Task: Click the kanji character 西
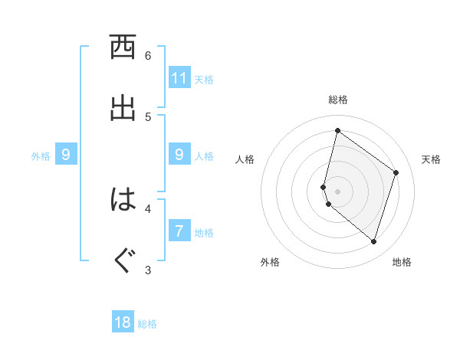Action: coord(123,47)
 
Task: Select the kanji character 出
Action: coord(123,108)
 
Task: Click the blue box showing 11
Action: coord(179,77)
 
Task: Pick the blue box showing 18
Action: coord(123,322)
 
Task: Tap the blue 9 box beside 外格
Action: coord(66,155)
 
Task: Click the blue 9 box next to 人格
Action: coord(179,155)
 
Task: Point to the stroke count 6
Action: coord(148,56)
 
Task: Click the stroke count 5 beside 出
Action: coord(148,116)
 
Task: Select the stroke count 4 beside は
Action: coord(148,208)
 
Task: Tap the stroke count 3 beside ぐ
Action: coord(148,269)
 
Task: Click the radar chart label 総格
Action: coord(338,100)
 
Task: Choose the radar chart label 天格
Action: coord(431,159)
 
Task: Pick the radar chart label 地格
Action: coord(402,262)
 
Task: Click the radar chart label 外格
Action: coord(270,262)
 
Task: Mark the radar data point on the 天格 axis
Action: coord(396,172)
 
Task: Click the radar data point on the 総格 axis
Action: coord(337,130)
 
